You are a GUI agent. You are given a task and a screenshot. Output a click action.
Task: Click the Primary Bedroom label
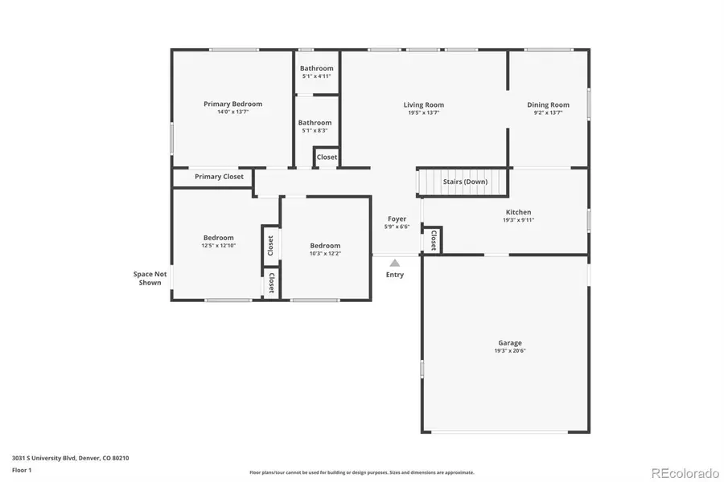(232, 104)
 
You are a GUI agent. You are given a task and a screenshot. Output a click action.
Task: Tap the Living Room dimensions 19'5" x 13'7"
(423, 113)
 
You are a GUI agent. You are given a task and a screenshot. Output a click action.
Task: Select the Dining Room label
(548, 104)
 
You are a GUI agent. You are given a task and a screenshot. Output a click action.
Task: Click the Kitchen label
(517, 212)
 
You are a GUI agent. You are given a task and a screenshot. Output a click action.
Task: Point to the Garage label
(509, 342)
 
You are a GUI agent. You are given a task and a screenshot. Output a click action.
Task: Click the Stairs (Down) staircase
(465, 182)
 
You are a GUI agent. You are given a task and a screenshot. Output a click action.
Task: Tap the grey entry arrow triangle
(394, 262)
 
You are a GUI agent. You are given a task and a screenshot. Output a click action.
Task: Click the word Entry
(394, 275)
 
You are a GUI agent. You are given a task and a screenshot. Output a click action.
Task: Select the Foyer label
(397, 219)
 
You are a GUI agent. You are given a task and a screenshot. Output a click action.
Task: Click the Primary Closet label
(219, 177)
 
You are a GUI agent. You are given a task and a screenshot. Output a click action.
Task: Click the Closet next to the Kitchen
(433, 239)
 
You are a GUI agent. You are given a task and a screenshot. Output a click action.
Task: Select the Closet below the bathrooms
(327, 157)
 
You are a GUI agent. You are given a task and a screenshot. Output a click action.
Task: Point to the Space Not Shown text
(150, 278)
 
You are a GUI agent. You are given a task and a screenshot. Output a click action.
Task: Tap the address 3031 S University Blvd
(70, 458)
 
